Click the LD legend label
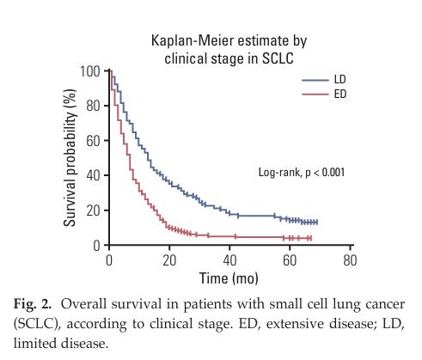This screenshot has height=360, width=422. tap(340, 79)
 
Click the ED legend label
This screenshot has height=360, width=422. tap(340, 94)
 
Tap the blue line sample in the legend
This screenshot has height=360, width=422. tap(315, 80)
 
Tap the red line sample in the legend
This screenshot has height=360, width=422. tap(315, 94)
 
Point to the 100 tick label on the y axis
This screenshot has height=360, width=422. tap(90, 71)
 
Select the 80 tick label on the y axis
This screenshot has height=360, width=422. tap(93, 106)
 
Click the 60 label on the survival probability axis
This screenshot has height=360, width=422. tap(93, 141)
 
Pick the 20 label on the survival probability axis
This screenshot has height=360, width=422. tap(93, 211)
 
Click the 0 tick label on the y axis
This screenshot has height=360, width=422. tap(97, 246)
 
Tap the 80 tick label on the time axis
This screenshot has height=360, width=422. tap(350, 260)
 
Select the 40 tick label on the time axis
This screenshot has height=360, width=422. tap(229, 260)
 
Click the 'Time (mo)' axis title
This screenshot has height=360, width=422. tap(229, 278)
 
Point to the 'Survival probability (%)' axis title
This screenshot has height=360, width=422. tap(70, 158)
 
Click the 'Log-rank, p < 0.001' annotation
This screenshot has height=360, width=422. tap(302, 173)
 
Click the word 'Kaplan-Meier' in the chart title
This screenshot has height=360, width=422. tap(191, 40)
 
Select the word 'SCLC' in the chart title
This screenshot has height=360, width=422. tap(278, 58)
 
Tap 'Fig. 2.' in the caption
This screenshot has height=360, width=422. tap(33, 304)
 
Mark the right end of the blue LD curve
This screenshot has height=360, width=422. tap(317, 222)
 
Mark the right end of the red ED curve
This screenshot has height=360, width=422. tap(311, 238)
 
